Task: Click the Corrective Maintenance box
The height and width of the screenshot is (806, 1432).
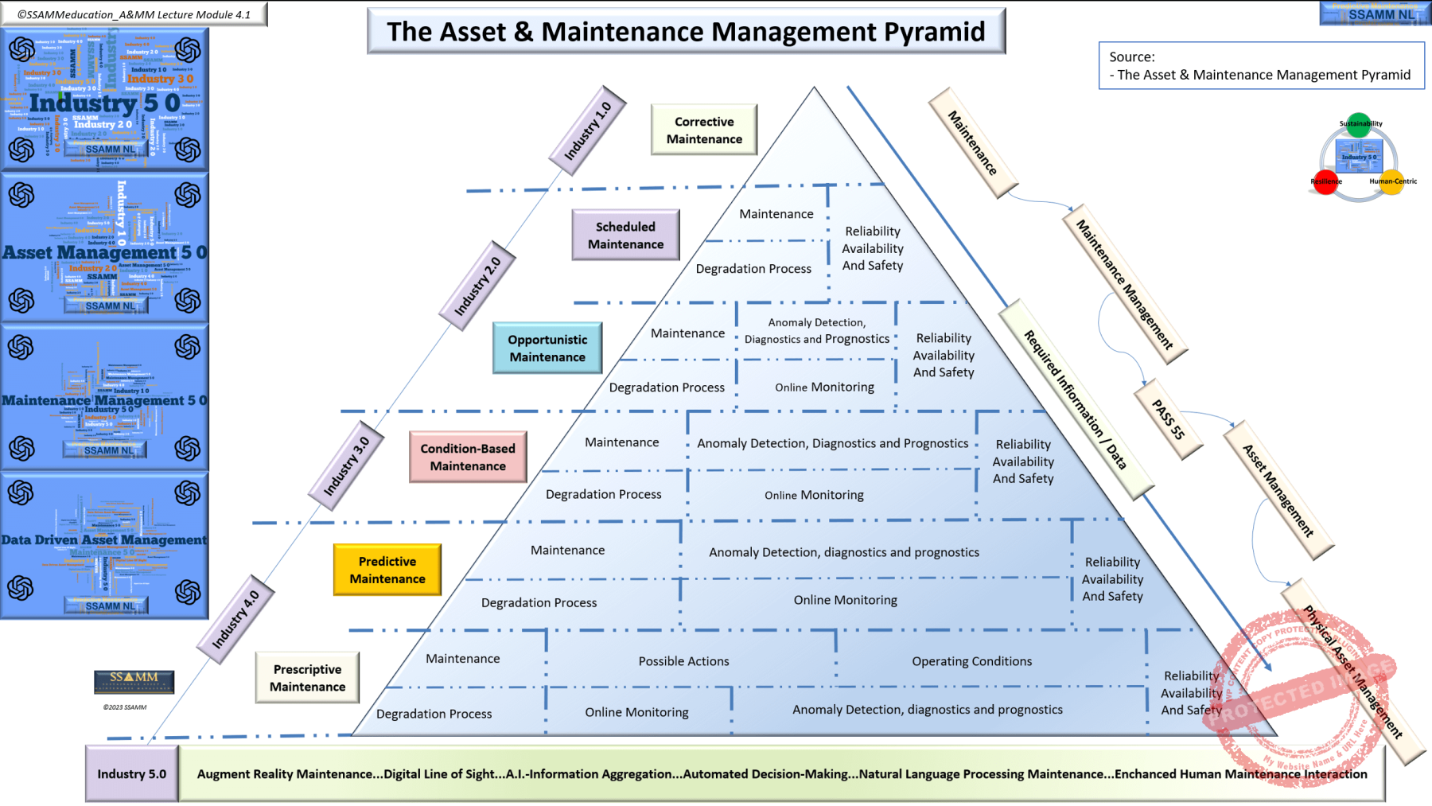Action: (704, 130)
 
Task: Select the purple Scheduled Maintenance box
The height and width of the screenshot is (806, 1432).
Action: (625, 235)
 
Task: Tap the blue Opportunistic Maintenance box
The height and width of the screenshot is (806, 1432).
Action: (547, 348)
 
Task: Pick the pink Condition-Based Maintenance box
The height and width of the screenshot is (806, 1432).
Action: (468, 457)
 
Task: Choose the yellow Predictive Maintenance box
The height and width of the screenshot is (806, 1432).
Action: (387, 570)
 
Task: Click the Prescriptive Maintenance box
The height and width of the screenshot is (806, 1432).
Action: (308, 677)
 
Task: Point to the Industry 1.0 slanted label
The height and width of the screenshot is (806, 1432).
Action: (588, 130)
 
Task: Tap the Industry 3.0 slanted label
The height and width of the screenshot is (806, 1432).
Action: (346, 465)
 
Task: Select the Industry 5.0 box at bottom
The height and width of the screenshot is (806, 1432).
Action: (132, 773)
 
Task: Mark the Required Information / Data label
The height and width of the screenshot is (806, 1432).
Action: (1075, 399)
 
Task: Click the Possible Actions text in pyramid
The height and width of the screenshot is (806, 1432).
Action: (683, 661)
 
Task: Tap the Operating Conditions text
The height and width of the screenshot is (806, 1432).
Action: (971, 661)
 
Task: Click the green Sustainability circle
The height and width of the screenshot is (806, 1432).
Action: (1360, 125)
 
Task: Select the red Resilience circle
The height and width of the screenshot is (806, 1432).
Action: (1325, 181)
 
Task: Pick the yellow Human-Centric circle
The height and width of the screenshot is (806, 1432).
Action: (1391, 181)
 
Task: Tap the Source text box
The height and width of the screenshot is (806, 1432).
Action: (1261, 66)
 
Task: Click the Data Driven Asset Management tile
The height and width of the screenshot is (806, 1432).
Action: (104, 545)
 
